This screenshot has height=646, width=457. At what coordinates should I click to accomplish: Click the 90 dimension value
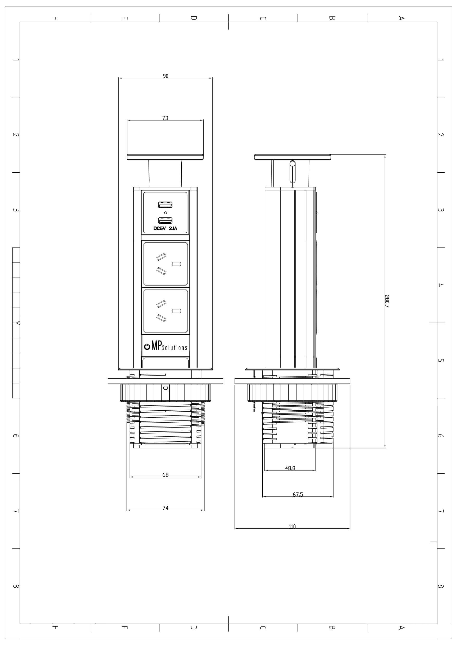point(165,76)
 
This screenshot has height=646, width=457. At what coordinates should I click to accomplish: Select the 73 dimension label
point(165,118)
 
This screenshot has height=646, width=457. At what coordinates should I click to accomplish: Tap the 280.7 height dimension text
point(387,301)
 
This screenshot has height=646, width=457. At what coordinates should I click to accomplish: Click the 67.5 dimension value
point(298,495)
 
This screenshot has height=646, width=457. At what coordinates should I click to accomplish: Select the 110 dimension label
point(292,527)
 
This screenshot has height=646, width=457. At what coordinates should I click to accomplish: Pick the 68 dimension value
point(165,475)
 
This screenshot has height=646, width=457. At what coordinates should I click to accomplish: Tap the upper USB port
point(165,205)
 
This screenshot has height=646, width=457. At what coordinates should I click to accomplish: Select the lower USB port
point(165,220)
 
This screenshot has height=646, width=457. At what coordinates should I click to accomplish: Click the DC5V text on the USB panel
point(159,228)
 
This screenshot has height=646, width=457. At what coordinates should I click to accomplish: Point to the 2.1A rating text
point(173,228)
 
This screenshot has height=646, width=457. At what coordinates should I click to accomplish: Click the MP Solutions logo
point(165,347)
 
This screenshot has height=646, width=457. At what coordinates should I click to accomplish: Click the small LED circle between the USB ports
point(165,213)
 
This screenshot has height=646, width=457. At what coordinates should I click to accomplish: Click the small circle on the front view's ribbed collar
point(165,388)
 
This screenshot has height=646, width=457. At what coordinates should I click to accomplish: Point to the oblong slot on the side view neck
point(293,172)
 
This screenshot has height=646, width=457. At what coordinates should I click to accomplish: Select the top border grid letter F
point(55,18)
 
